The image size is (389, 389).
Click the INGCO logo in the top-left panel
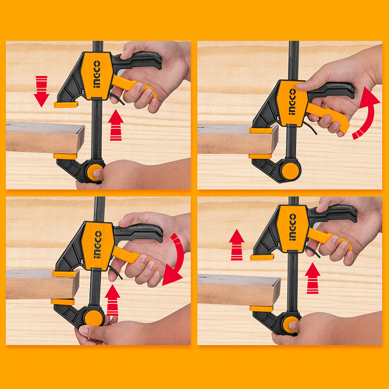click(x=97, y=74)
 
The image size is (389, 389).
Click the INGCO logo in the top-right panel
click(x=292, y=102)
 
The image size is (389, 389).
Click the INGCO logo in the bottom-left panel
click(x=98, y=245)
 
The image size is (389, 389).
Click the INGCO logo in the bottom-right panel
click(x=293, y=227)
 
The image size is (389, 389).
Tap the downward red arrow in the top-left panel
click(x=41, y=91)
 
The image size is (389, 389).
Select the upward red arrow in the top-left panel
click(x=116, y=125)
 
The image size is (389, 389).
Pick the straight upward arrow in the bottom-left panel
click(x=113, y=300)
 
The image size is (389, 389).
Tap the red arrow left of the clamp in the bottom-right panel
click(x=237, y=245)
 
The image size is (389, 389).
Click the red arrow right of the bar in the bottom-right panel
click(x=313, y=278)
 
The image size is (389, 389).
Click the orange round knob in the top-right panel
click(x=290, y=171)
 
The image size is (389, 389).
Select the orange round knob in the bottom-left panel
click(x=93, y=318)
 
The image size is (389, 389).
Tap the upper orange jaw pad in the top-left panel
click(x=66, y=105)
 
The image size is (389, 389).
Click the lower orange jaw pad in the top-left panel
click(x=65, y=156)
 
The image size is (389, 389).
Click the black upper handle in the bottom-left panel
click(x=139, y=232)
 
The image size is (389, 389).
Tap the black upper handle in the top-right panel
click(x=331, y=90)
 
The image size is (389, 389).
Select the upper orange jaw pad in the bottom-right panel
click(x=262, y=257)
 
